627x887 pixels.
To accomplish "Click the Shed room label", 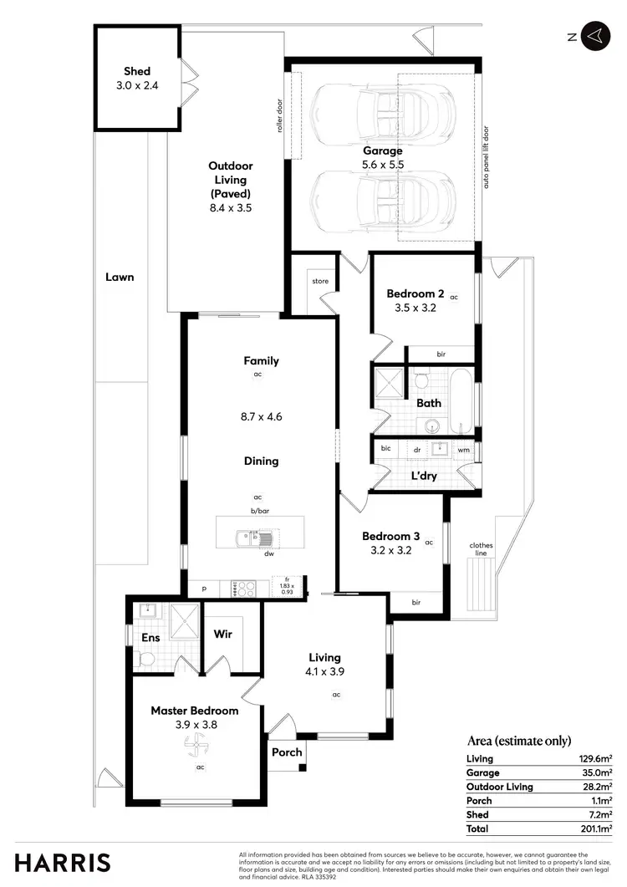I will pos(137,72).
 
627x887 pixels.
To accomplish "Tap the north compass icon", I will pos(594,36).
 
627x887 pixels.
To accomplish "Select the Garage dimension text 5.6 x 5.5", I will pos(383,166).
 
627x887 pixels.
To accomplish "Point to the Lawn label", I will pos(120,277).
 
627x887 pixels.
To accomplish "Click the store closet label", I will pos(320,282).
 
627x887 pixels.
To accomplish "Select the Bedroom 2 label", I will pos(415,293).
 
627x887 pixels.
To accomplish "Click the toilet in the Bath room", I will pos(422,380).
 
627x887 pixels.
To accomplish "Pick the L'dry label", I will pos(426,477).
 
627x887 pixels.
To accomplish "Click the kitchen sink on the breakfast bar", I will pos(247,538).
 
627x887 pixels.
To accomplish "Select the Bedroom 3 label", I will pos(391,537).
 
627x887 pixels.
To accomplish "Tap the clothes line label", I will pos(481,549).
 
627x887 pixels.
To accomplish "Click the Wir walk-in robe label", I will pos(222,635).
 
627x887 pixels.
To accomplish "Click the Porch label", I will pos(287,752).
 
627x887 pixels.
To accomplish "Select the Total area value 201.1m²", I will pos(595,828).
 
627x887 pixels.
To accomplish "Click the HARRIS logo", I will pos(63,863).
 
